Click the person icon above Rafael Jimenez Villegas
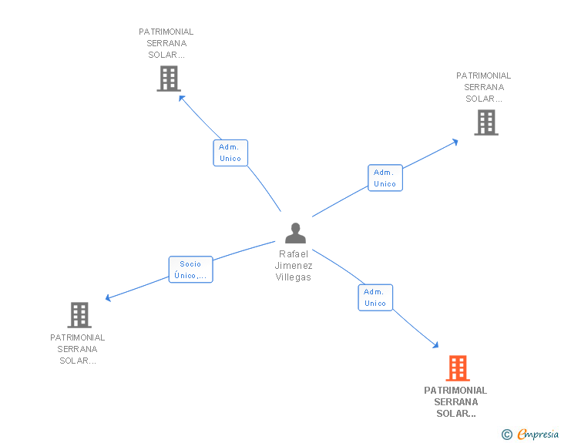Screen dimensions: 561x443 tap(296, 233)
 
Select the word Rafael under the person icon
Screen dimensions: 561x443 tap(294, 254)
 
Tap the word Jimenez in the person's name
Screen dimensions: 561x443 tap(294, 266)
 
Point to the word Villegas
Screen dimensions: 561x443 tap(294, 277)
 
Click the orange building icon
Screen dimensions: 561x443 tap(458, 367)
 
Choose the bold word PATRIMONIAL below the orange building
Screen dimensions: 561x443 tap(455, 391)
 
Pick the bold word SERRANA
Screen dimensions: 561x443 tap(456, 402)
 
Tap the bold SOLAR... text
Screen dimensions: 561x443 tap(456, 413)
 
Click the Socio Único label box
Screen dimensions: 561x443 tap(190, 270)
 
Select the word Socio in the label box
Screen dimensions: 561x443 tap(190, 264)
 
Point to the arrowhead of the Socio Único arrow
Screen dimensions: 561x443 tap(108, 297)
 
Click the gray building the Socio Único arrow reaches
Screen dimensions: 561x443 tap(79, 315)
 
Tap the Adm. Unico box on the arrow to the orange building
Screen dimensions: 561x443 tap(376, 297)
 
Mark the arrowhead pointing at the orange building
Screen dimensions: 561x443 tap(436, 345)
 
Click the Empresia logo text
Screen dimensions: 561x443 tap(538, 434)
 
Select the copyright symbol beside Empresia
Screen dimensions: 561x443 tap(507, 435)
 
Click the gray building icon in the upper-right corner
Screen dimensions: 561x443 tap(486, 122)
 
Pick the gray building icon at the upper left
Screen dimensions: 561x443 tap(169, 79)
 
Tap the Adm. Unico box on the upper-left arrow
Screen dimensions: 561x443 tap(230, 153)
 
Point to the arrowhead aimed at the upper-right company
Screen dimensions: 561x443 tap(455, 142)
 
